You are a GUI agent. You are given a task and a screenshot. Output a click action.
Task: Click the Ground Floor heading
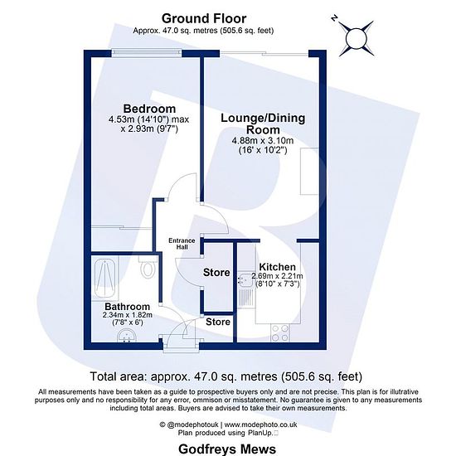[x=204, y=18]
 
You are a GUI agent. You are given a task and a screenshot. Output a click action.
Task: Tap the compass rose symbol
[x=356, y=38]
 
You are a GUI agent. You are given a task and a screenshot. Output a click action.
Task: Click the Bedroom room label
[x=149, y=109]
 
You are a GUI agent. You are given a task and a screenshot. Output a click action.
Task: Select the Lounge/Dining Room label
[x=263, y=124]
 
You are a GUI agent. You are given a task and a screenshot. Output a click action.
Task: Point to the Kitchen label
[x=277, y=267]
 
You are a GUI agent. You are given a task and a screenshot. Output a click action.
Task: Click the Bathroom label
[x=128, y=307]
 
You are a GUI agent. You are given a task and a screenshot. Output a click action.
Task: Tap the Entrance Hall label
[x=182, y=244]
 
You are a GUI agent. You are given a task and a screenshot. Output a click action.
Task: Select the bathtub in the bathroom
[x=105, y=279]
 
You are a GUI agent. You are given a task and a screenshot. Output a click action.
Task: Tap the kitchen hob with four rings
[x=280, y=333]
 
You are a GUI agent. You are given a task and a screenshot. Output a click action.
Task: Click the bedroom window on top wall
[x=147, y=53]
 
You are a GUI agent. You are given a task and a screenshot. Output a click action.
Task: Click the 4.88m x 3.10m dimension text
[x=263, y=141]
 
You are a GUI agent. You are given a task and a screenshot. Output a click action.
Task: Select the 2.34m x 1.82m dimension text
[x=128, y=315]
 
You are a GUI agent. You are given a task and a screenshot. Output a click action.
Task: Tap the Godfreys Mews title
[x=227, y=449]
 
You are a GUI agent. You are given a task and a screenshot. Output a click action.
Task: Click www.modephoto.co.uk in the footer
[x=261, y=424]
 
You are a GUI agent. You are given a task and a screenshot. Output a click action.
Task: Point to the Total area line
[x=226, y=376]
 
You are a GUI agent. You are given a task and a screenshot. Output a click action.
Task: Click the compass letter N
[x=334, y=18]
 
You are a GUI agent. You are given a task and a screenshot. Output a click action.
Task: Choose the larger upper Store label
[x=216, y=273]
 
